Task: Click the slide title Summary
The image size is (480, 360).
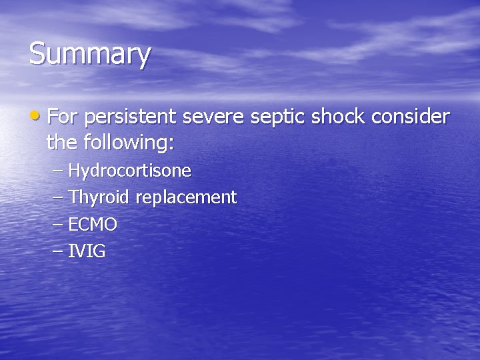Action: point(89,55)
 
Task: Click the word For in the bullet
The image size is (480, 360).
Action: point(63,117)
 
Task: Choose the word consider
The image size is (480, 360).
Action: point(411,117)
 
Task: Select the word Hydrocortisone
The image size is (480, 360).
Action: point(130,171)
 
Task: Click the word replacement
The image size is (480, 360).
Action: point(186,198)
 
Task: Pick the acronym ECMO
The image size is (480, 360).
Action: point(93,225)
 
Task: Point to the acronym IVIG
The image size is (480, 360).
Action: point(87,251)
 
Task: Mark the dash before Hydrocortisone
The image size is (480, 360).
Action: point(58,171)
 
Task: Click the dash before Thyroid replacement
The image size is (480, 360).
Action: point(58,198)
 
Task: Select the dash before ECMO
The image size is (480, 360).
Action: point(58,225)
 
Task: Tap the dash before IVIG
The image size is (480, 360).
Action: point(58,251)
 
